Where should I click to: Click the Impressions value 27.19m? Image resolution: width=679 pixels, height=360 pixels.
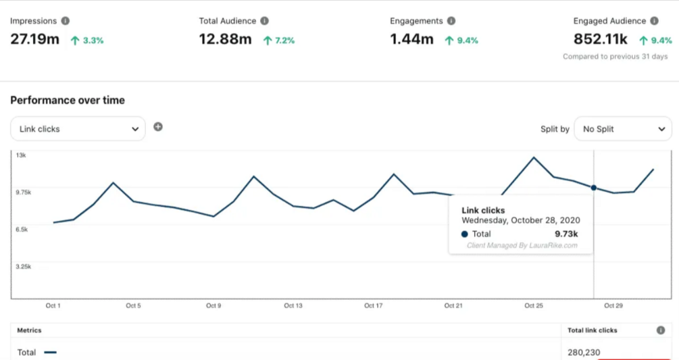[35, 39]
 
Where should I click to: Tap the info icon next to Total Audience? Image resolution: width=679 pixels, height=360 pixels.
[264, 21]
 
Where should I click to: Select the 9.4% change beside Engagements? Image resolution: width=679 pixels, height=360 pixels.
[461, 41]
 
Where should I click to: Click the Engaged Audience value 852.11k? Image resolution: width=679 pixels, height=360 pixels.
[601, 39]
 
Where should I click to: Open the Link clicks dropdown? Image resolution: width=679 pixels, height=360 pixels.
[78, 128]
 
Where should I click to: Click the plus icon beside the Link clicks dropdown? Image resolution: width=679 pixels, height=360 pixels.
[158, 126]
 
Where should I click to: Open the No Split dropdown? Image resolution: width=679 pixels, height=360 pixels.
[622, 128]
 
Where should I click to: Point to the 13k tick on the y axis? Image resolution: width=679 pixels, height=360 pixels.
[21, 155]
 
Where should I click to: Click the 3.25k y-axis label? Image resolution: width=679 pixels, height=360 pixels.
[24, 267]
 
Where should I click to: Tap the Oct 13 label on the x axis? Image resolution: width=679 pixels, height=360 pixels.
[293, 306]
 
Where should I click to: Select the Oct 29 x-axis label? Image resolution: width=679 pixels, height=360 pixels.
[613, 306]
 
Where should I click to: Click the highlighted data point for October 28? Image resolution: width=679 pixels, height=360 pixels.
[594, 188]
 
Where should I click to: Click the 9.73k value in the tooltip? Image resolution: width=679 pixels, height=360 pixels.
[566, 234]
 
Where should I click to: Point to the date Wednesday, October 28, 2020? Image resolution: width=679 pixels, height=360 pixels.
[520, 220]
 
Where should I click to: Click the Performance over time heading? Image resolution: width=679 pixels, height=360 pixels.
[68, 100]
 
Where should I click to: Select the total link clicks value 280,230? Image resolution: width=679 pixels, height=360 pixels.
[584, 352]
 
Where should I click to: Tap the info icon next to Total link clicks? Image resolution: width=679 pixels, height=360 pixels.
[660, 330]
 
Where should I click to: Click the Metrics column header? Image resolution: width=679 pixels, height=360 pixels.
[29, 330]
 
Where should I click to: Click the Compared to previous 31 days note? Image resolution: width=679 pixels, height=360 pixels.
[615, 57]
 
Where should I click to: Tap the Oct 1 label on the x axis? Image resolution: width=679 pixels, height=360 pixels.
[53, 306]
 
